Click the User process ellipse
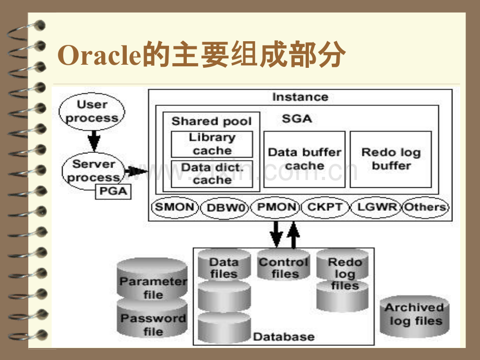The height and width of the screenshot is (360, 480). coord(92,111)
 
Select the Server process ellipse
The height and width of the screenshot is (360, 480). coord(93,171)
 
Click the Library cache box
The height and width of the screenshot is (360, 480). coord(212,144)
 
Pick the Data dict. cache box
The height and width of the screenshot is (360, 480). coord(212,174)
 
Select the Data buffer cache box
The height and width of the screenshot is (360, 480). coord(304,159)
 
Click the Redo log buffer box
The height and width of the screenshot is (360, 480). coord(390,159)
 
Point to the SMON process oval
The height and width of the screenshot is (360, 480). coord(175,207)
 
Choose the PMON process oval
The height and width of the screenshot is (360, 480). coord(276,207)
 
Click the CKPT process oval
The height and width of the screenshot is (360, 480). coord(325,207)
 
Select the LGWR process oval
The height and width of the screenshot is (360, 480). coord(375,207)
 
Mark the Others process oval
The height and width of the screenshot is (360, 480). coord(425,207)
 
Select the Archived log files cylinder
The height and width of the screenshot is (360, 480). coord(415,314)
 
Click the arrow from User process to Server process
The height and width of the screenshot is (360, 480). coord(93,140)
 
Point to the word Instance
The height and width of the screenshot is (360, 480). coord(300,97)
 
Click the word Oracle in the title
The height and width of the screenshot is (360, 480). coord(100,56)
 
